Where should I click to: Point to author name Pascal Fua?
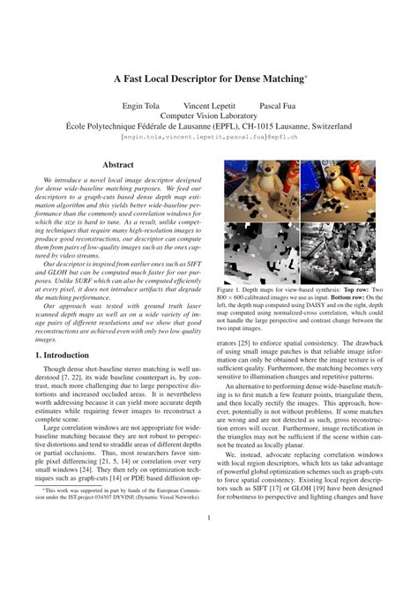(x=277, y=104)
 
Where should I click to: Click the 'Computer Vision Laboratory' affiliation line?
(x=209, y=116)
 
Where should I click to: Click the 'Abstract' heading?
(x=118, y=164)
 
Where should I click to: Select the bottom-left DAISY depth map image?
(x=262, y=252)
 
